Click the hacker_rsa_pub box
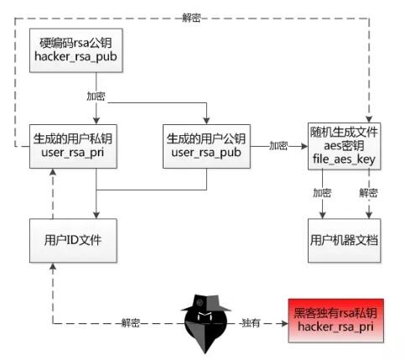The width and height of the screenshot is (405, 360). (x=76, y=50)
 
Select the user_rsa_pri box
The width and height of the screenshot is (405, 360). (x=73, y=146)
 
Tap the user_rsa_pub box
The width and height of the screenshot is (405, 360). (x=206, y=146)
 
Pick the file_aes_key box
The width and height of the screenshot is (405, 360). (x=344, y=146)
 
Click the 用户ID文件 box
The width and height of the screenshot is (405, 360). (x=73, y=241)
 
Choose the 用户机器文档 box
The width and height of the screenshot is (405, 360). (x=344, y=241)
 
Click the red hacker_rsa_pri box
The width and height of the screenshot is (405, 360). (x=336, y=321)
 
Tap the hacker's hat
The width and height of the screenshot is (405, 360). (x=206, y=303)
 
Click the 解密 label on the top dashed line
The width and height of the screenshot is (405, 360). (x=191, y=18)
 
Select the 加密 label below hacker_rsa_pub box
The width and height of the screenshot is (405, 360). (x=96, y=96)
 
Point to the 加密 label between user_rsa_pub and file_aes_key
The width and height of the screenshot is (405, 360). (x=278, y=146)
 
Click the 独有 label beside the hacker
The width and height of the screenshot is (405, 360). (x=251, y=323)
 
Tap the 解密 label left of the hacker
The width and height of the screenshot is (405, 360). (x=131, y=323)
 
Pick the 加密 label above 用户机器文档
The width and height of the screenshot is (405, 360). (x=322, y=193)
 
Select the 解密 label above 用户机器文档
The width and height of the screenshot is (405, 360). (x=369, y=193)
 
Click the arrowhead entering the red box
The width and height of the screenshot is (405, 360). (x=285, y=324)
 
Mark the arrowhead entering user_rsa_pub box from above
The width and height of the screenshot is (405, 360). (x=206, y=121)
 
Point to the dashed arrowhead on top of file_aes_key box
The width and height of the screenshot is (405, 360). (x=369, y=119)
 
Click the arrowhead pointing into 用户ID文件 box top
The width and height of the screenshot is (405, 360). (x=96, y=215)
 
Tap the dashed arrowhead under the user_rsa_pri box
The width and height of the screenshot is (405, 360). (x=53, y=172)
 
